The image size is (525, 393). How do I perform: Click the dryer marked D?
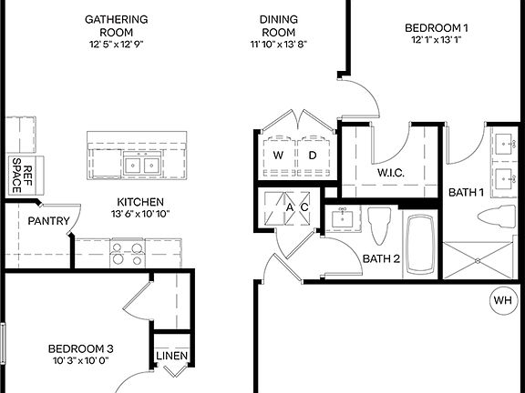click(x=312, y=154)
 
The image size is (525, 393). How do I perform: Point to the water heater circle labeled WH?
click(x=502, y=300)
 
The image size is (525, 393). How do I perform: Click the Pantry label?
click(x=45, y=221)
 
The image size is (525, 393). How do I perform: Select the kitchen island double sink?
click(x=141, y=166)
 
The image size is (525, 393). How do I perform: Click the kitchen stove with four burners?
click(x=127, y=251)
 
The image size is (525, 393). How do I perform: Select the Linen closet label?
click(x=171, y=356)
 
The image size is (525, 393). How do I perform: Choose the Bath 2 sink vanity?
click(x=342, y=218)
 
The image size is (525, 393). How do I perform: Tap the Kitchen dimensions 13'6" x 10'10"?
click(x=139, y=215)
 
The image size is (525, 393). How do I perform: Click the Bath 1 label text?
click(x=465, y=192)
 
